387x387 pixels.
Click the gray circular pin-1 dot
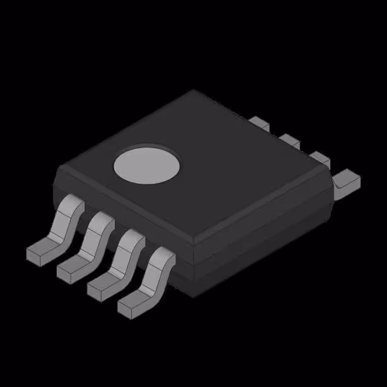pos(148,164)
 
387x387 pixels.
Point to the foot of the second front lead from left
pos(71,268)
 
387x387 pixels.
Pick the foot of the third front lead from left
pos(102,287)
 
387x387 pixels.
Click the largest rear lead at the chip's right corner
pos(348,181)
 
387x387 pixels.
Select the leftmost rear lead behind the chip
pos(259,123)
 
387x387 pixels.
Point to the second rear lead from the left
pos(290,141)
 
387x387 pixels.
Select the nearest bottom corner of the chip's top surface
pos(192,243)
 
